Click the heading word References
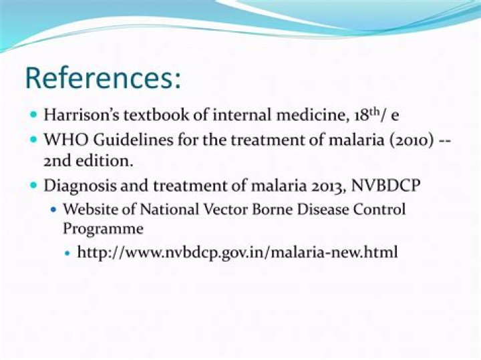[x=103, y=77]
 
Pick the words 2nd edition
[x=83, y=161]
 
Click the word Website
[x=89, y=209]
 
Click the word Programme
[x=103, y=228]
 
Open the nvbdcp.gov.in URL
[x=238, y=252]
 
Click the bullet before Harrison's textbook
[x=34, y=115]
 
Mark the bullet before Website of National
[x=54, y=210]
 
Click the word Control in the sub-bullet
[x=381, y=209]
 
